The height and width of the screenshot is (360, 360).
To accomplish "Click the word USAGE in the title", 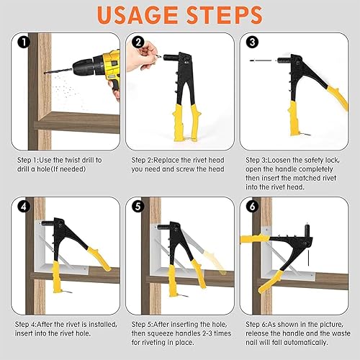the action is tap(138, 15).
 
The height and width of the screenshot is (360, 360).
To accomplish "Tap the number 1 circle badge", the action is tap(24, 42).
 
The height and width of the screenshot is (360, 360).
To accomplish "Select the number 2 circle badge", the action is tap(138, 42).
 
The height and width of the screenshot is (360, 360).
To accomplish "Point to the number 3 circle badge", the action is tap(252, 42).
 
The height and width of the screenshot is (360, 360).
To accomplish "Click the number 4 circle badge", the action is tap(24, 207).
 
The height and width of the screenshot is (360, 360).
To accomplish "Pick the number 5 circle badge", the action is tap(138, 207).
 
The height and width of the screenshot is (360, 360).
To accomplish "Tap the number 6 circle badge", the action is tap(252, 207).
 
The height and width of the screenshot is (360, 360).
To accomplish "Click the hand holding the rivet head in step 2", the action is tap(142, 55).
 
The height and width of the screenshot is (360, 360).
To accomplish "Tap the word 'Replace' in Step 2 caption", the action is tap(166, 160).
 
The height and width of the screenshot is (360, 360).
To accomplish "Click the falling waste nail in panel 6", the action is tap(308, 258).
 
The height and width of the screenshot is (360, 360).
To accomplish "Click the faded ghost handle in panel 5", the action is tap(215, 262).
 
